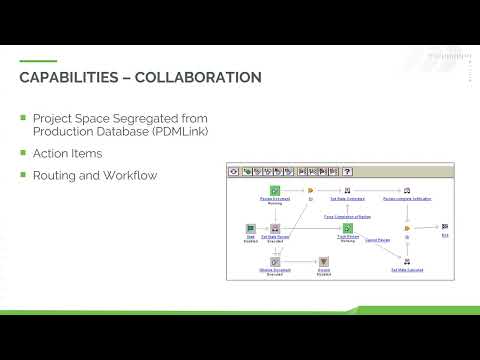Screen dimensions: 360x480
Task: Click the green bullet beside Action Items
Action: [x=23, y=153]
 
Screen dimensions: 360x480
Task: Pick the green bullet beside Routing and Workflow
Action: [x=23, y=175]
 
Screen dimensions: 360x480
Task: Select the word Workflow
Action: [x=127, y=176]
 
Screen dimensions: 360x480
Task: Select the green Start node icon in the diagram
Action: [x=251, y=228]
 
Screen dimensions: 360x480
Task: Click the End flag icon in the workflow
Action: [x=445, y=227]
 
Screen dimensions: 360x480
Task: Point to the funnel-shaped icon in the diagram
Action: [x=324, y=261]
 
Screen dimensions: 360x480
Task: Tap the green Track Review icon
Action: [x=347, y=228]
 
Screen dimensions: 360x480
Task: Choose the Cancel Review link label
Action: [x=377, y=240]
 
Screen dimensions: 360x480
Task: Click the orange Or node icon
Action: [x=311, y=189]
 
